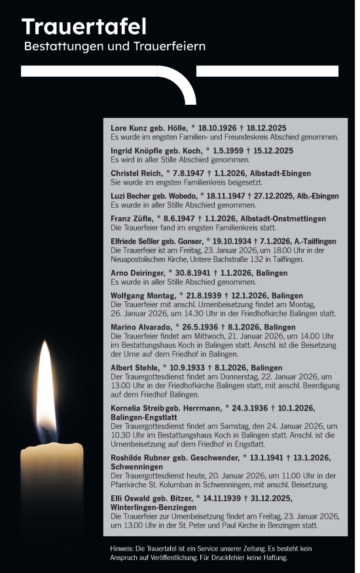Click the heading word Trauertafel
(84, 27)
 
